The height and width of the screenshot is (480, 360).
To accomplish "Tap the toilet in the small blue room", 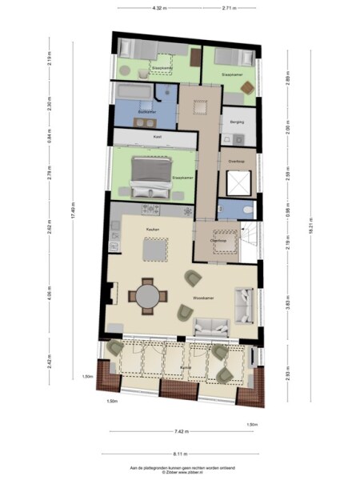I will point(246,210).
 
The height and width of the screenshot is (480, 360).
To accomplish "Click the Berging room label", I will point(236,122).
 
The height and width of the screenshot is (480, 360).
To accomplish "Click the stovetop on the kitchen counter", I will point(150,210).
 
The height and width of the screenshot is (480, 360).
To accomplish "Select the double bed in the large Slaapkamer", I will point(150,177).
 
